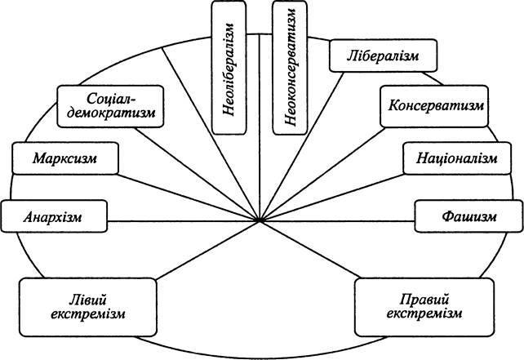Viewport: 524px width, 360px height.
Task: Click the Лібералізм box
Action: click(383, 56)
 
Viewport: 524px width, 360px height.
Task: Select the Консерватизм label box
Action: click(434, 106)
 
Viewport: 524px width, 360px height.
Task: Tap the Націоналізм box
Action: click(457, 158)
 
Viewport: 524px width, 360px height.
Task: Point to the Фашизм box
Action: click(468, 216)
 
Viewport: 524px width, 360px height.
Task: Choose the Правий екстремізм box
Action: click(424, 307)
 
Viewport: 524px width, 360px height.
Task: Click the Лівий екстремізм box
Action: click(88, 307)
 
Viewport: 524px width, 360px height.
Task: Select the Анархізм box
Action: click(54, 216)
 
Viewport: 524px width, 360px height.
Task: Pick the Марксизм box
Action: click(65, 158)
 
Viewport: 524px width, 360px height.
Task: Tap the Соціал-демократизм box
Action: click(110, 106)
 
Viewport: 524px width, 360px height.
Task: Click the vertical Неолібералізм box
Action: click(229, 68)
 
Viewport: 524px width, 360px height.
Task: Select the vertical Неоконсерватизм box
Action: click(290, 68)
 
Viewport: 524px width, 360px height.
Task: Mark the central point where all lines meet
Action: click(260, 221)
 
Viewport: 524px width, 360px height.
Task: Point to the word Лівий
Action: click(87, 300)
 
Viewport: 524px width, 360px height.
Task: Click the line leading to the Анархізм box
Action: click(183, 221)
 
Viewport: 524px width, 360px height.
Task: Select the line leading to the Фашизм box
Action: click(337, 221)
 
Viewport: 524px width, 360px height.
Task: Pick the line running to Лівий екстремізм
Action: click(208, 250)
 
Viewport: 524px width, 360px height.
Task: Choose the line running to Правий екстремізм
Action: click(310, 249)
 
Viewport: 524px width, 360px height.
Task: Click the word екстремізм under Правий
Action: click(424, 314)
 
